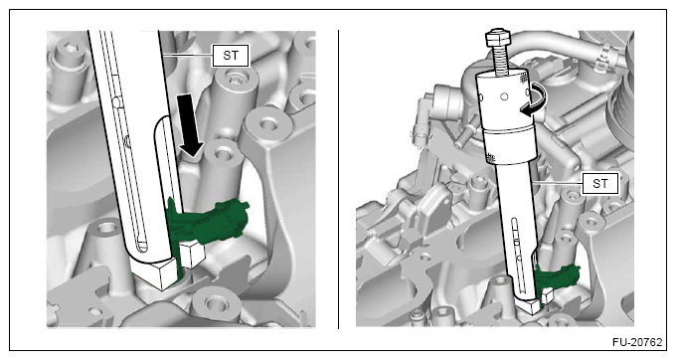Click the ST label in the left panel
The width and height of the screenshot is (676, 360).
coord(231,56)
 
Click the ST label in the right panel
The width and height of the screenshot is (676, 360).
coord(600,184)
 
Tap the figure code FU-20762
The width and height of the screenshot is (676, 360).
coord(637,342)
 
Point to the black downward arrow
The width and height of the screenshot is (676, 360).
coord(190,125)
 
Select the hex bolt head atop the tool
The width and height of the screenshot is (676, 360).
coord(498,38)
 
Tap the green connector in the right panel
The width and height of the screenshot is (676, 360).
coord(556,275)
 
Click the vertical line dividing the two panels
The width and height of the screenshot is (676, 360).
coord(338,179)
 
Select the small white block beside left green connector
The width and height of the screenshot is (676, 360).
coord(192,255)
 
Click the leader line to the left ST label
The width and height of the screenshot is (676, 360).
coord(187,55)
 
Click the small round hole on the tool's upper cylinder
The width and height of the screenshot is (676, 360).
coord(504,97)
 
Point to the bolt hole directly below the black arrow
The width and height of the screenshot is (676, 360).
coord(223,153)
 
